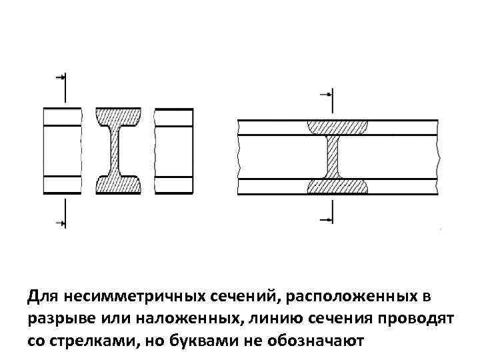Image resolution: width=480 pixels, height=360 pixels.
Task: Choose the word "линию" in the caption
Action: click(262, 319)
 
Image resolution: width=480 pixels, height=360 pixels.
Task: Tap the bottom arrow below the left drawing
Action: click(61, 223)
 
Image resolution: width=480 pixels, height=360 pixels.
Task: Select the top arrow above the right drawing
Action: click(326, 95)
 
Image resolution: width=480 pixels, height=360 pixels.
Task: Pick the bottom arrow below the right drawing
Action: click(325, 218)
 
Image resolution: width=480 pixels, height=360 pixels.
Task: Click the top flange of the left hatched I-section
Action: click(118, 116)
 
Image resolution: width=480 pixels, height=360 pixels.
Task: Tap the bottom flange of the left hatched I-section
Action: click(118, 184)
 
